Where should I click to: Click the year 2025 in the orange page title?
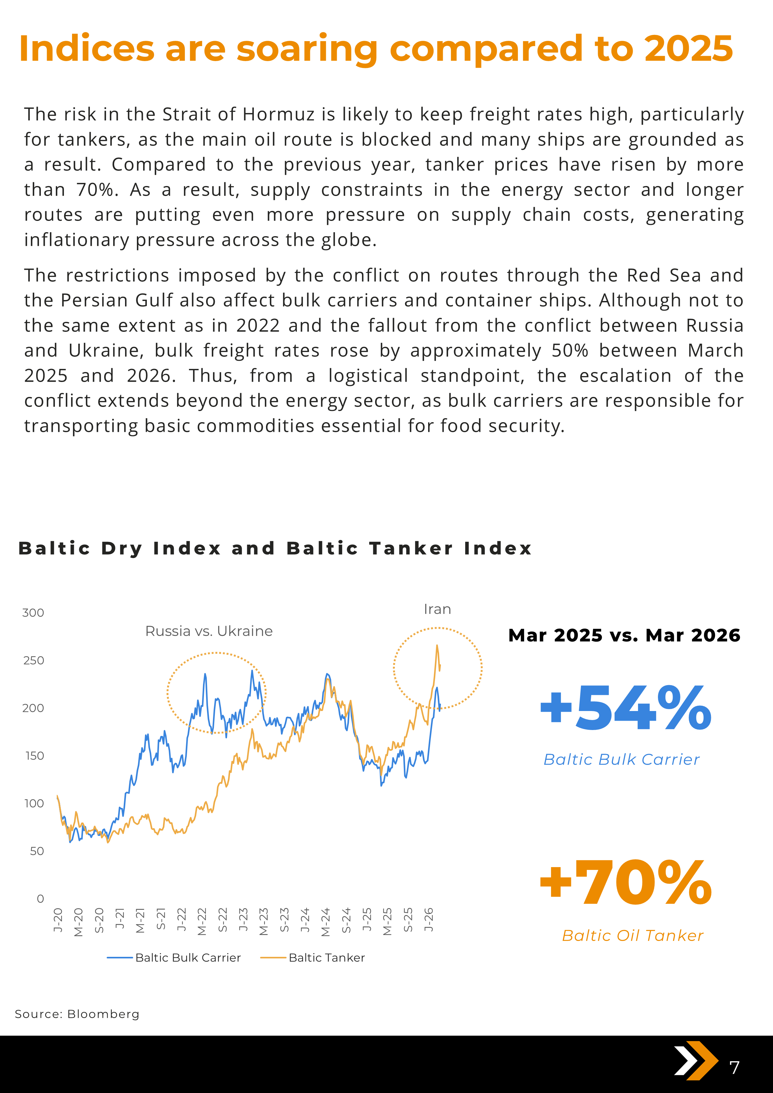(x=688, y=49)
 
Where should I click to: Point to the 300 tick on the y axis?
(x=33, y=613)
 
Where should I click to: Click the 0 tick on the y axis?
(x=41, y=898)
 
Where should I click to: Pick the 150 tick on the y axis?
(x=34, y=756)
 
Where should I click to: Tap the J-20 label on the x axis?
(x=58, y=920)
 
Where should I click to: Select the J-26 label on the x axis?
(x=429, y=920)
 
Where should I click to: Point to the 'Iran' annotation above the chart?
(x=437, y=609)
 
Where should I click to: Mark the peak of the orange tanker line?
(x=437, y=646)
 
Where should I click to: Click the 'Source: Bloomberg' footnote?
(x=77, y=1014)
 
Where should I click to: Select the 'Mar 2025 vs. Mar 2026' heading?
(x=624, y=636)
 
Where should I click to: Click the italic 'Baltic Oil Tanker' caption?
(x=632, y=935)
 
